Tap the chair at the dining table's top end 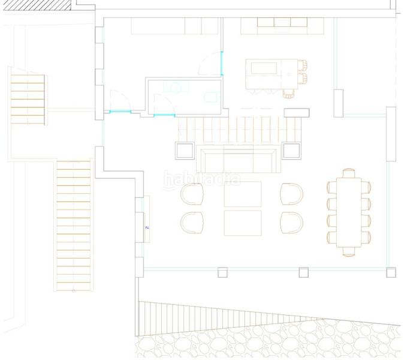click(x=348, y=173)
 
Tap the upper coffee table click(x=243, y=194)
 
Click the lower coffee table click(x=243, y=222)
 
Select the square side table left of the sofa click(x=183, y=149)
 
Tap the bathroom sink click(x=176, y=88)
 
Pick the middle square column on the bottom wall click(x=303, y=273)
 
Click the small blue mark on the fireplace click(x=147, y=228)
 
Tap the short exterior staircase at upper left click(x=28, y=97)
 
